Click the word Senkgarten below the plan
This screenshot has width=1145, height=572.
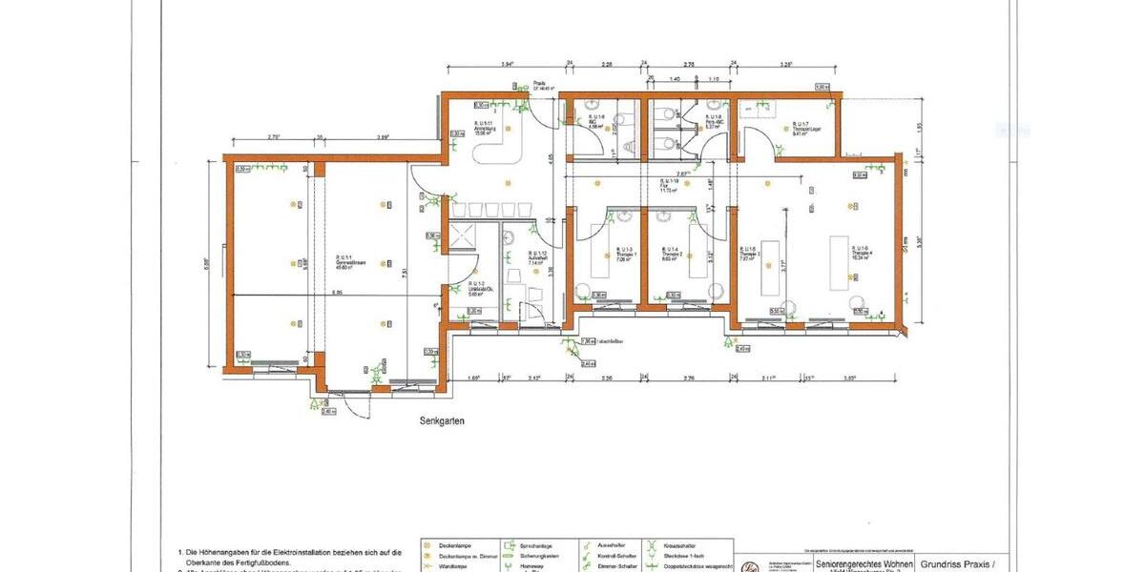pos(441,420)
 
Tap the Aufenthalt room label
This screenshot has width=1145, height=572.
pos(537,257)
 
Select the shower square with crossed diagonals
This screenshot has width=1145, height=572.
pos(461,237)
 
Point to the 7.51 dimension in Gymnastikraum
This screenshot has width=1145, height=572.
pos(406,274)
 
